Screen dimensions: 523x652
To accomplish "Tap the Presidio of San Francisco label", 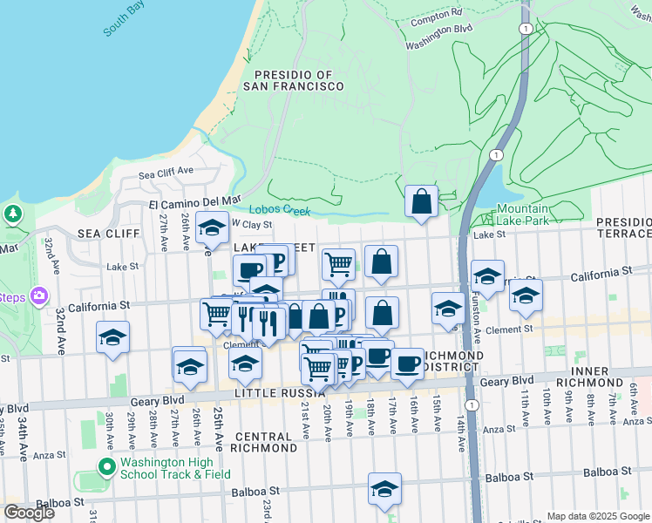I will (293, 81).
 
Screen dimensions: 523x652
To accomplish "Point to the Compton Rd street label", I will (436, 16).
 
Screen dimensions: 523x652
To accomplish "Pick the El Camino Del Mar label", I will (194, 201).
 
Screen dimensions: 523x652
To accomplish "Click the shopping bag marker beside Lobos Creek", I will (422, 202).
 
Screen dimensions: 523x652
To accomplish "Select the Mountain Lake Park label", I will (523, 214).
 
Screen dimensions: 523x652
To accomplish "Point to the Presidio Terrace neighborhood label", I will (624, 228).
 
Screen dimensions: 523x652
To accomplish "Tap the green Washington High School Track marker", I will (107, 467).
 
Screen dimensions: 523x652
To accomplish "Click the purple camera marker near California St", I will (38, 296).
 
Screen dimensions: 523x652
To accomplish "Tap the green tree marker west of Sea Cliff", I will (12, 214).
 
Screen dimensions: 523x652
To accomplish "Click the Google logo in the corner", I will (29, 513).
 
